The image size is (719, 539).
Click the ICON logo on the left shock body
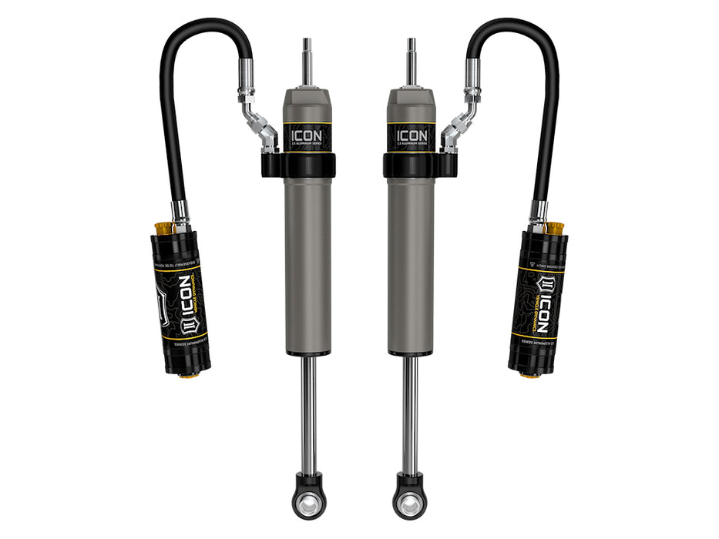(x=306, y=136)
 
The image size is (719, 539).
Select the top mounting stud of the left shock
(x=307, y=62)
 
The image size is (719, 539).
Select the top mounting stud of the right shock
(x=412, y=62)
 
